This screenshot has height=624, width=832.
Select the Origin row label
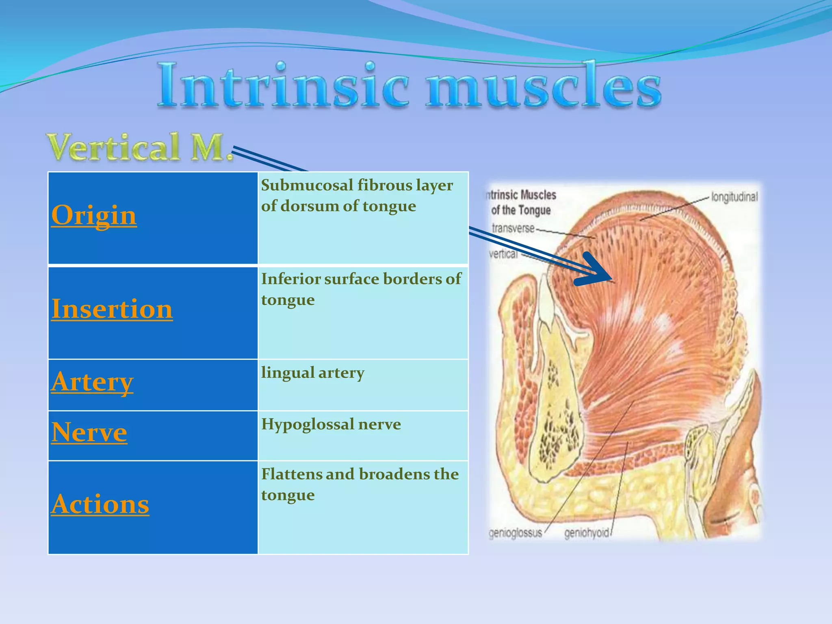pos(94,215)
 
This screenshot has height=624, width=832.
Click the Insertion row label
pos(112,309)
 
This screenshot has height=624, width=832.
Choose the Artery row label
pos(92,382)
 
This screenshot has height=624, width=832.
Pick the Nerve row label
pos(89,432)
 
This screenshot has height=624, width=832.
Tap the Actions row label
pos(100,504)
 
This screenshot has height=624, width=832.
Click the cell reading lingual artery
pos(312,373)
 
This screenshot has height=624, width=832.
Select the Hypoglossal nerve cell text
pos(331,424)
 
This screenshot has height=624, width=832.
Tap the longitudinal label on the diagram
pos(734,197)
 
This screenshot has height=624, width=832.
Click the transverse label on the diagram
pos(513,228)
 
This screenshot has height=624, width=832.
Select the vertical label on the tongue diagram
pos(503,254)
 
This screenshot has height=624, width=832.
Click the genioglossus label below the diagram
pos(515,533)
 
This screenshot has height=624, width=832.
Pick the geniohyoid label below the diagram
pos(587,533)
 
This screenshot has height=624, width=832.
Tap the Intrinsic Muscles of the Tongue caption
pos(521,202)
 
